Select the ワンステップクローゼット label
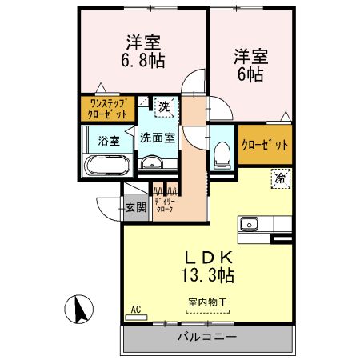click(x=106, y=108)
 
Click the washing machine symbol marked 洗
click(x=163, y=106)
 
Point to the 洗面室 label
click(x=157, y=138)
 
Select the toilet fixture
click(x=222, y=154)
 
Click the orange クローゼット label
click(x=266, y=146)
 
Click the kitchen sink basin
click(x=249, y=223)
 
